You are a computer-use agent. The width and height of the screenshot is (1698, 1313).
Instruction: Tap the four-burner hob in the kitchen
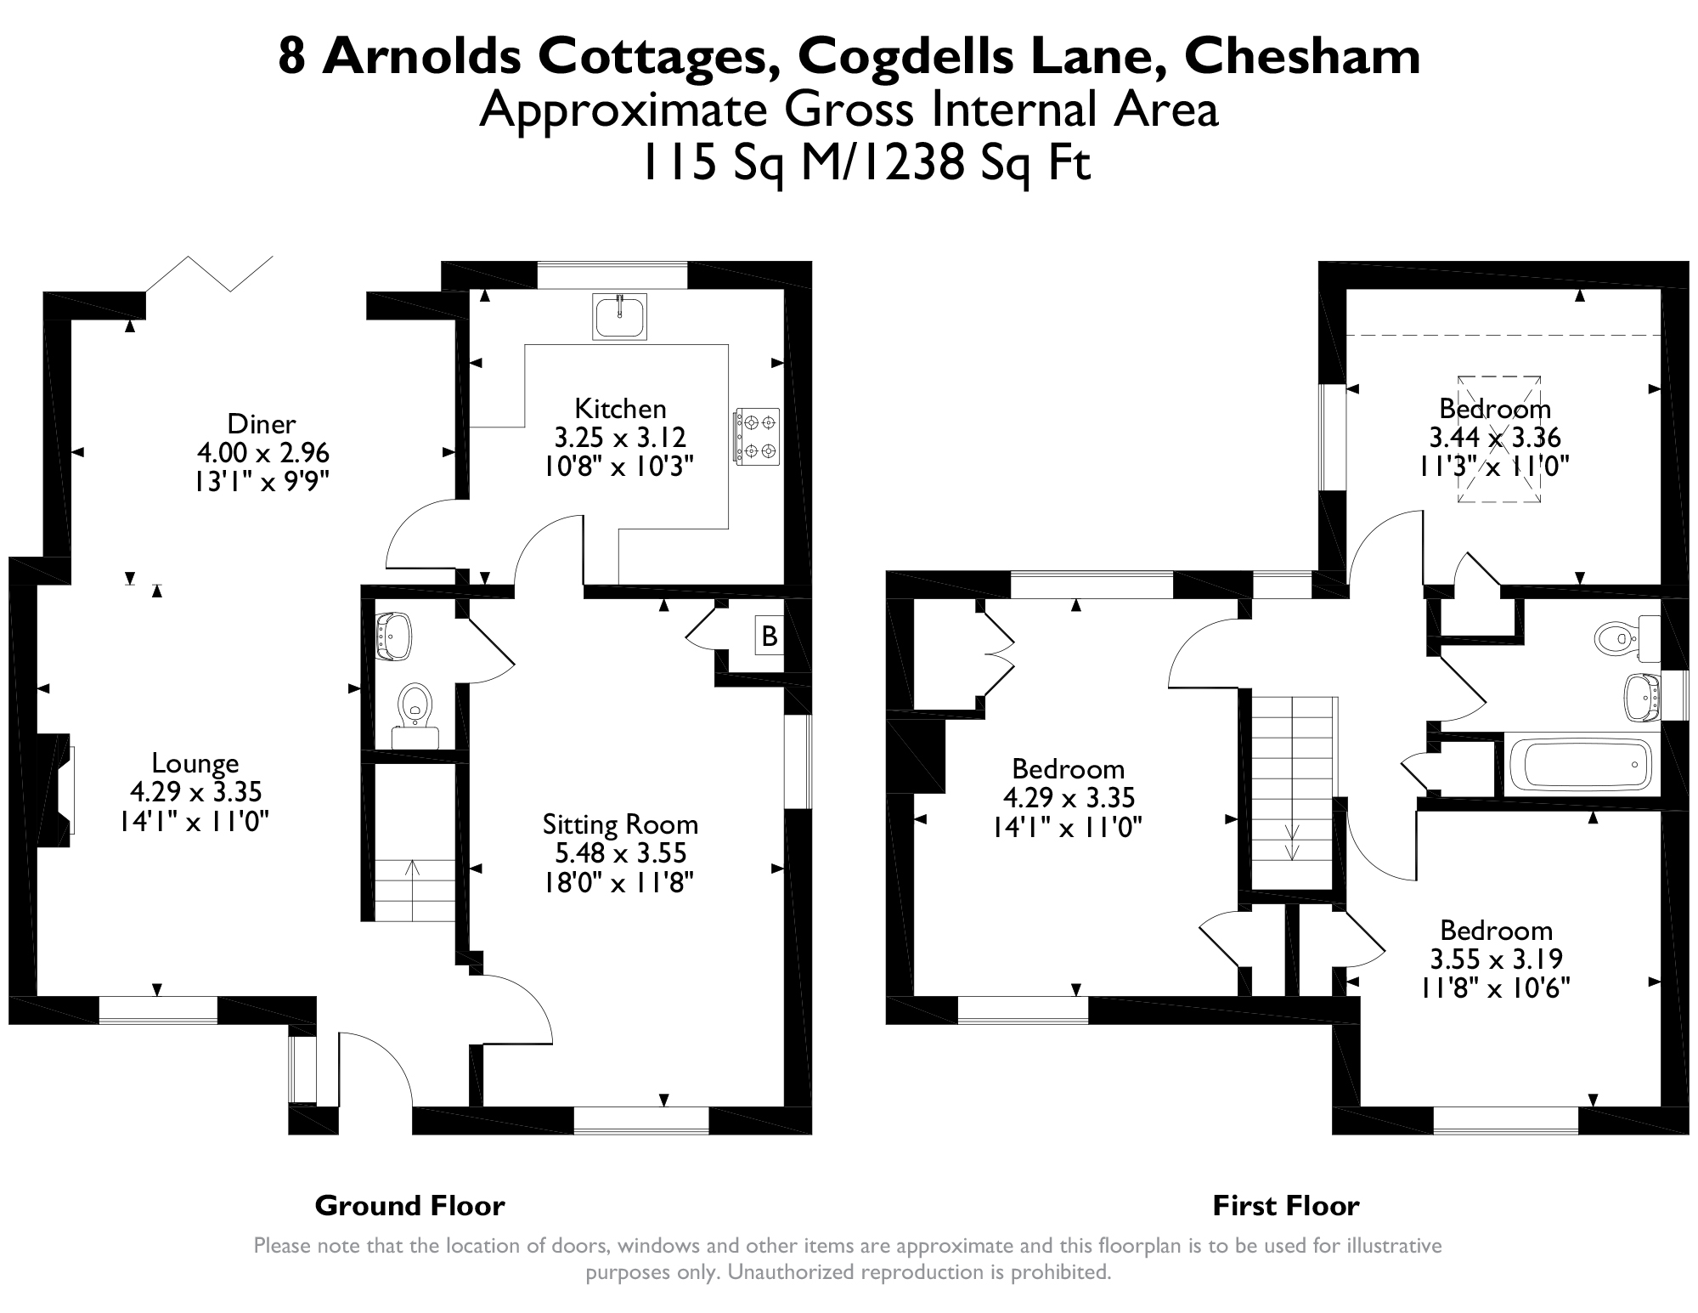point(757,436)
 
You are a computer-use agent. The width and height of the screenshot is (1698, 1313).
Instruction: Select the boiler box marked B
point(770,636)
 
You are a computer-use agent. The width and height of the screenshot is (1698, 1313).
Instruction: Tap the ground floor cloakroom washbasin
point(393,636)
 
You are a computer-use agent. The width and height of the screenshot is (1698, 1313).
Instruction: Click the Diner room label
point(262,423)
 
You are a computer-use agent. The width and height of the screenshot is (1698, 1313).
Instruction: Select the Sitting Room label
point(620,824)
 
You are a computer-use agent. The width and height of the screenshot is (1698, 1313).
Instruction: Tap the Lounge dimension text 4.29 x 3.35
point(195,792)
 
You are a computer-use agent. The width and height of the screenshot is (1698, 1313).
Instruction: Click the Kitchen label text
point(620,409)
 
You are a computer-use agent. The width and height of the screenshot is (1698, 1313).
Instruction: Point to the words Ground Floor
point(409,1205)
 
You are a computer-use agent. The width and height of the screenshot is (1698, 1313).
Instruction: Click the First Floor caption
point(1286,1205)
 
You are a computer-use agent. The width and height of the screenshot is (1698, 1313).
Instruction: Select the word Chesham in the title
point(1301,57)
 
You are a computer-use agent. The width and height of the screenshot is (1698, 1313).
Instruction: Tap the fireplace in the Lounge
point(57,790)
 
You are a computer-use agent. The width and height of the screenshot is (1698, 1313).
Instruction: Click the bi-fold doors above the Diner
point(210,274)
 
